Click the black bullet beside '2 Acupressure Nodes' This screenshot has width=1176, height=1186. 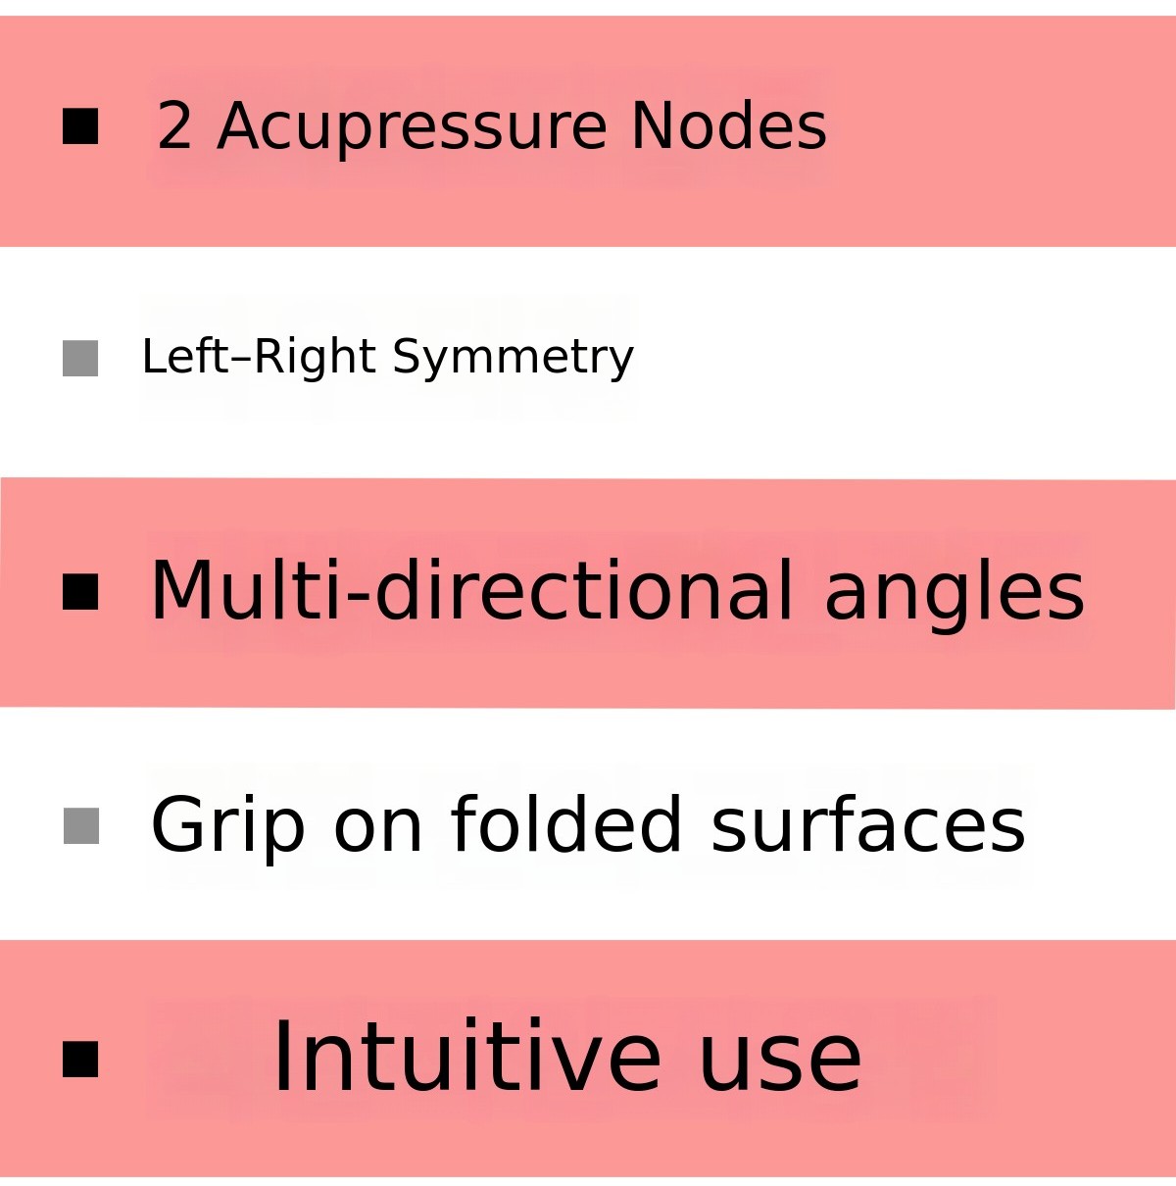coord(80,126)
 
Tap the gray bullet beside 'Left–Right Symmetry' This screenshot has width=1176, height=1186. coord(80,358)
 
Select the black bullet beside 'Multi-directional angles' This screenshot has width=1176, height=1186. coord(80,592)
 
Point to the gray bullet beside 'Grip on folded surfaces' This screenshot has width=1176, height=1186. coord(81,826)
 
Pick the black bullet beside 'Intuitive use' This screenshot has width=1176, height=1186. coord(80,1059)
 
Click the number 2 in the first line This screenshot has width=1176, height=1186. coord(174,124)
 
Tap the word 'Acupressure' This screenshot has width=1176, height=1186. coord(412,129)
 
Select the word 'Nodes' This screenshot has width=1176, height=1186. coord(729,124)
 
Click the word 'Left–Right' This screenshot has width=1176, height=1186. coord(259,357)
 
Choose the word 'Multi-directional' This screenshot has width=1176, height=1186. coord(471,590)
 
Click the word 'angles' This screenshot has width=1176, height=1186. coord(955,596)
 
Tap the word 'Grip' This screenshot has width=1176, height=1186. coord(227,829)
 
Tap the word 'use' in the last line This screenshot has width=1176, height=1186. coord(780,1066)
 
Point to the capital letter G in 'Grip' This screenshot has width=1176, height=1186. coord(176,824)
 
